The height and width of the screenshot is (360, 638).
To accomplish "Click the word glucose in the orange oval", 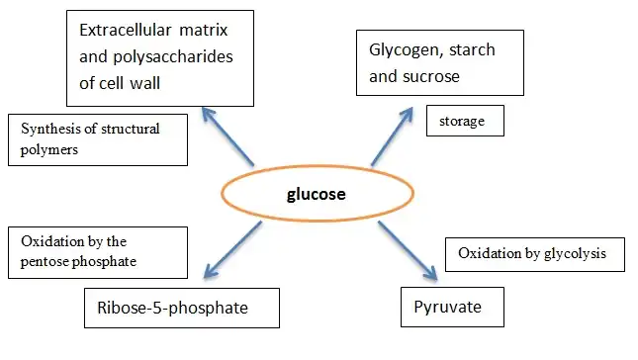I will click(x=318, y=194).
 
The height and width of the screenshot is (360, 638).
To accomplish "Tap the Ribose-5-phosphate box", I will click(x=179, y=309).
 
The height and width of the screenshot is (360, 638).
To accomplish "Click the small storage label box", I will click(x=464, y=123).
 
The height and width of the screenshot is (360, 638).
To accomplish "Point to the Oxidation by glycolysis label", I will click(x=539, y=253).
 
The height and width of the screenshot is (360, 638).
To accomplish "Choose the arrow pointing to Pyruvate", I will click(x=407, y=247).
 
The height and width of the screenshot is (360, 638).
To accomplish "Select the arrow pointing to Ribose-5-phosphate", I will click(x=230, y=248).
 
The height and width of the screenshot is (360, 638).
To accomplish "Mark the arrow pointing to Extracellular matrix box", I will click(x=229, y=135).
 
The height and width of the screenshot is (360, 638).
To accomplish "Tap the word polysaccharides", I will click(x=175, y=57).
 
